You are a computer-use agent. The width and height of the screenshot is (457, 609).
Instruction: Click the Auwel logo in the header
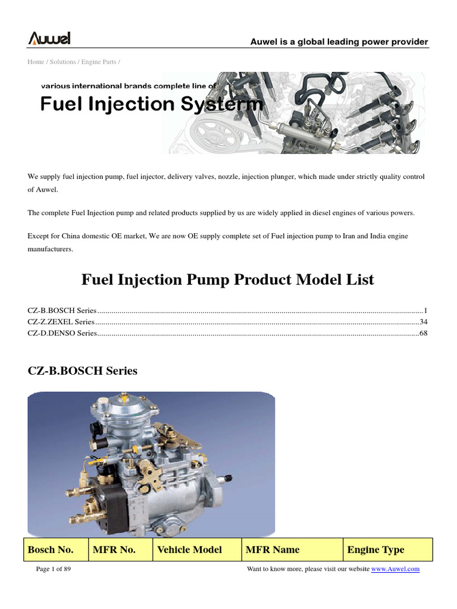[49, 39]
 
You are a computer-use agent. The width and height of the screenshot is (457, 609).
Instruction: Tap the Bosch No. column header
[51, 550]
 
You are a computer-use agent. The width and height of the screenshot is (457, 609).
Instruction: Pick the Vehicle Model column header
[190, 550]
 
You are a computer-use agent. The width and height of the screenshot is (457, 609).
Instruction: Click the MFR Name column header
[273, 550]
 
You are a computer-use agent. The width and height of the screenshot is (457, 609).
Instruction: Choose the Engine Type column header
[375, 550]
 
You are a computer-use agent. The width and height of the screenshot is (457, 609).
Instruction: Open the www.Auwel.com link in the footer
[396, 569]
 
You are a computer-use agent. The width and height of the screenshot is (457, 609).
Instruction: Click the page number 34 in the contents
[424, 322]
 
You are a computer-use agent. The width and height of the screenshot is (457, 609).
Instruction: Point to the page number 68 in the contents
[424, 333]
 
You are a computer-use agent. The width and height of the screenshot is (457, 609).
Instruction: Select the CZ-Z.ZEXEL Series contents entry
[61, 322]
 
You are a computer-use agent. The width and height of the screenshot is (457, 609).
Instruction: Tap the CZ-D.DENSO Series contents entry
[62, 333]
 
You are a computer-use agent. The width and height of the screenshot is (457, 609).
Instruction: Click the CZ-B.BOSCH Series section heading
[83, 371]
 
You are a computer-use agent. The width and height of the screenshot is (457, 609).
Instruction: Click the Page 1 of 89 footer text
[54, 569]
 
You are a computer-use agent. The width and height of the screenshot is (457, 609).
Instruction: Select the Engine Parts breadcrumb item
[99, 62]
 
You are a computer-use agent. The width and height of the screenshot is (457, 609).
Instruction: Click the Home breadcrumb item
[36, 62]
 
